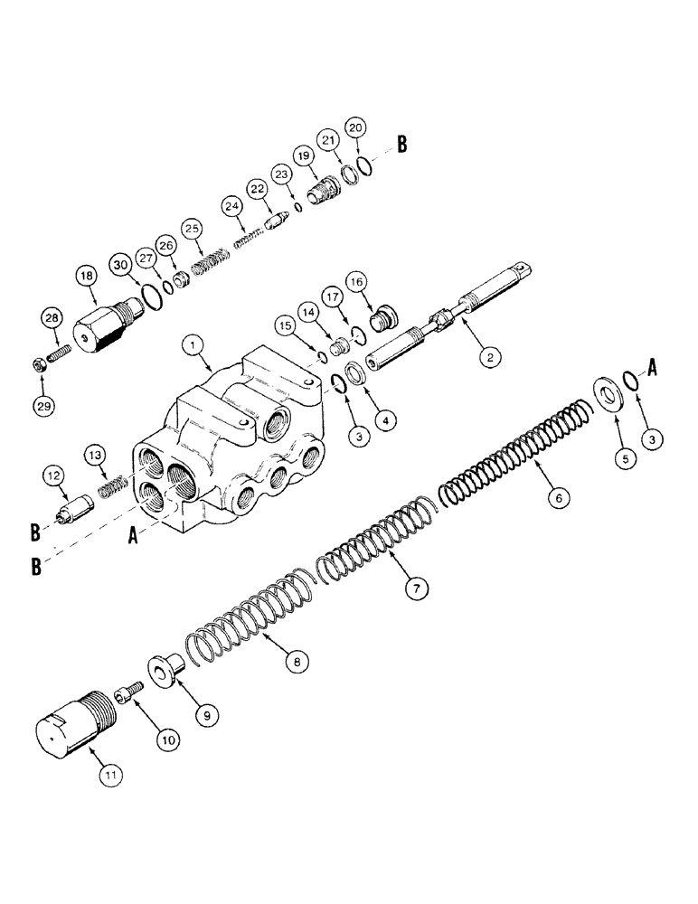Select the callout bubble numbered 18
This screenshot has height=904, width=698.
coord(88,277)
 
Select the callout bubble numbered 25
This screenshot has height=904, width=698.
coord(190,228)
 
